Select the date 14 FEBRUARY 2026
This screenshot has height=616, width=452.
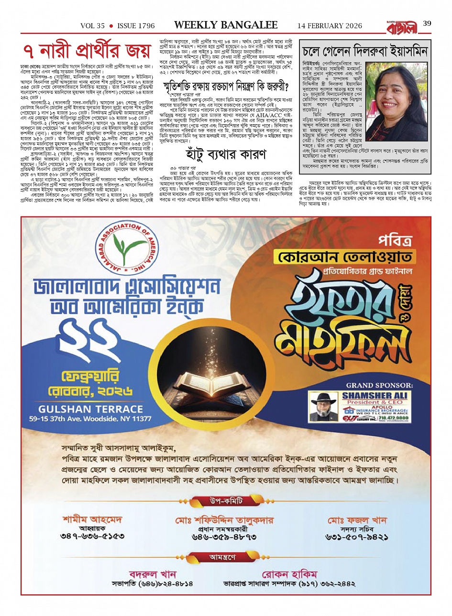pyautogui.click(x=330, y=26)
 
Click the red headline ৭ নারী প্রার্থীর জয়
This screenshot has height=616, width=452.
pyautogui.click(x=88, y=51)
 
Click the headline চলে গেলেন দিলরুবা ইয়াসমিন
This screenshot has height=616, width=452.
pyautogui.click(x=364, y=51)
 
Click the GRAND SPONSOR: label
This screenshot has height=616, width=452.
pyautogui.click(x=379, y=385)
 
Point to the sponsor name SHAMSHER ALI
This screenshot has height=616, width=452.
pyautogui.click(x=375, y=396)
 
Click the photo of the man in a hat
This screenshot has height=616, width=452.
pyautogui.click(x=322, y=407)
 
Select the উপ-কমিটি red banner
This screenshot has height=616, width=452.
pyautogui.click(x=226, y=501)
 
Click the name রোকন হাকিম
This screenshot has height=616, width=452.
pyautogui.click(x=289, y=574)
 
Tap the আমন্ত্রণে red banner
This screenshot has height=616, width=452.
pyautogui.click(x=226, y=557)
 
